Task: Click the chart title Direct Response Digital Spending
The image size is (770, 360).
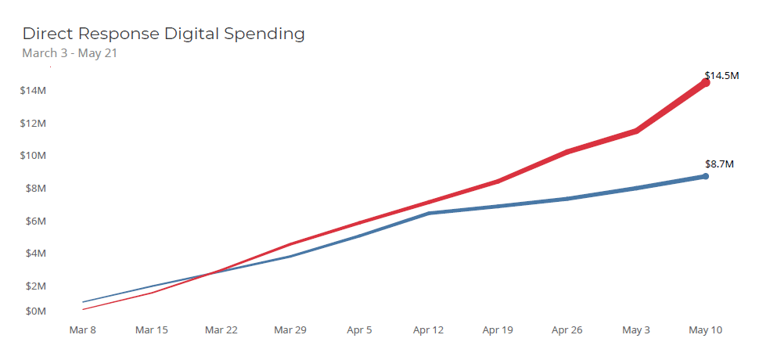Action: (164, 34)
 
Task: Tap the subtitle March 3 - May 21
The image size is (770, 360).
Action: (70, 53)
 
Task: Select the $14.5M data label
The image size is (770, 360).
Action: (721, 76)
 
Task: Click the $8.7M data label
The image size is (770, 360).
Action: (719, 164)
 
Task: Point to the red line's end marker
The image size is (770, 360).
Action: (705, 82)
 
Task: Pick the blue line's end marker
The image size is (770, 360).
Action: (705, 176)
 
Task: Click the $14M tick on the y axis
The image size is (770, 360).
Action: (33, 91)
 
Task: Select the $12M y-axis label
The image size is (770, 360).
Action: (33, 124)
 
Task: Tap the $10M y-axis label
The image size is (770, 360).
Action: (33, 156)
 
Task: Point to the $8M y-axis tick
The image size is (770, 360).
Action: (35, 189)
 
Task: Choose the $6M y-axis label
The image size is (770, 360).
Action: (35, 221)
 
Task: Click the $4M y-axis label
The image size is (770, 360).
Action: (35, 254)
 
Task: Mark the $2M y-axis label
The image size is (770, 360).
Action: (35, 286)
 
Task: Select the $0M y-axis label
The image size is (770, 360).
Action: (35, 311)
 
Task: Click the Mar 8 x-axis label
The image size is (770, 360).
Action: (82, 330)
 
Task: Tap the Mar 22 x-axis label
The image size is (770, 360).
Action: (221, 330)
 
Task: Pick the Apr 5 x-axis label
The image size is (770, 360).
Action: (359, 330)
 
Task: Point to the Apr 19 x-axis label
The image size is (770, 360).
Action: (498, 330)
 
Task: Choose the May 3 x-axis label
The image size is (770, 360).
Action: (635, 330)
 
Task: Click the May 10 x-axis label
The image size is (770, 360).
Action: (705, 330)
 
